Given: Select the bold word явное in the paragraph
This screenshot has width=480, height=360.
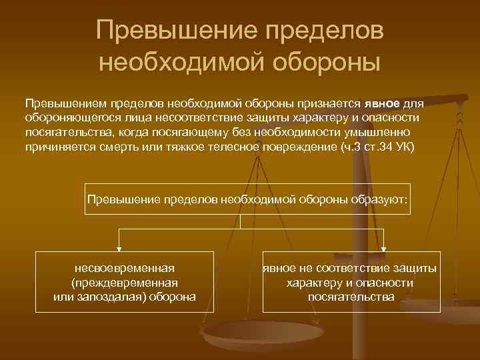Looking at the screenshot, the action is pyautogui.click(x=381, y=104).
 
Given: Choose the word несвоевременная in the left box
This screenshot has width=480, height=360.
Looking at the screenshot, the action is pyautogui.click(x=124, y=268).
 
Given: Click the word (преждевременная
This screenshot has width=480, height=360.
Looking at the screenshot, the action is pyautogui.click(x=124, y=282).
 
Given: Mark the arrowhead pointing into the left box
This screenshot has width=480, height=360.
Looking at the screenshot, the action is pyautogui.click(x=119, y=248).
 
